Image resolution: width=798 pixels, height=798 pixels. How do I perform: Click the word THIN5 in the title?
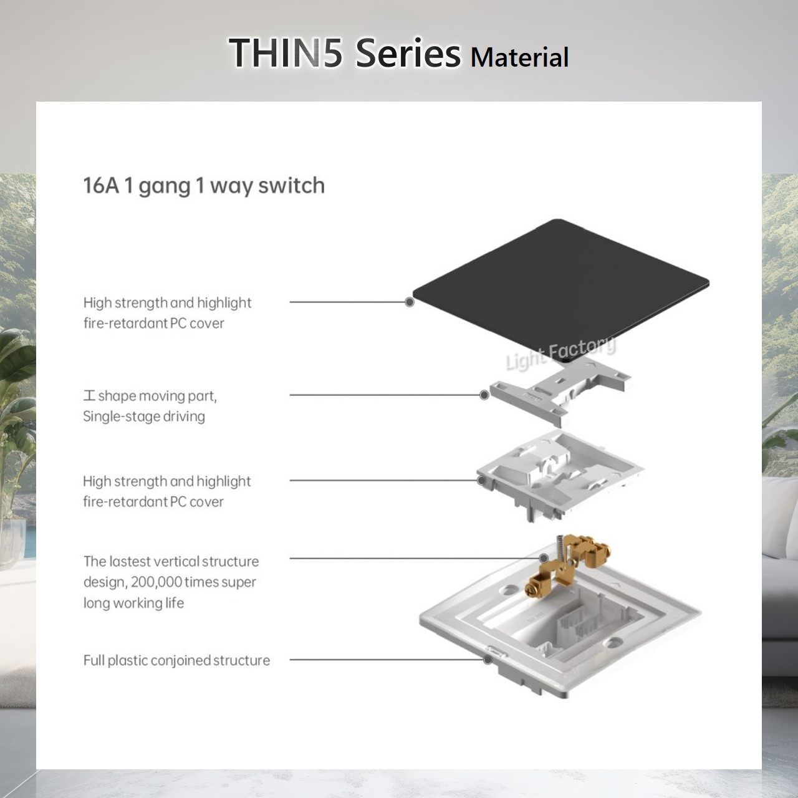[x=286, y=53]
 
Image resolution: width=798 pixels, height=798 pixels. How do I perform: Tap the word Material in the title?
[x=519, y=57]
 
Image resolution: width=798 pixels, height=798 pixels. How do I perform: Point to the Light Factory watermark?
[x=560, y=353]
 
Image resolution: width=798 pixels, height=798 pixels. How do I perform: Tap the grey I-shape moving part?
[x=558, y=393]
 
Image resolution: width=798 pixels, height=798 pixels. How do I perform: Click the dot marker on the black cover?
[x=410, y=302]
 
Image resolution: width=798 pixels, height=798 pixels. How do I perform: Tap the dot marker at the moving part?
[x=484, y=395]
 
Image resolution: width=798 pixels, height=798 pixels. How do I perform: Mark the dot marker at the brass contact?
[x=544, y=558]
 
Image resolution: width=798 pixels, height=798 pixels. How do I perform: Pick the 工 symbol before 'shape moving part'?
[x=90, y=396]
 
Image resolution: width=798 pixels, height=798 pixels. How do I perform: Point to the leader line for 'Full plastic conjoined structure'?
[x=387, y=659]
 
